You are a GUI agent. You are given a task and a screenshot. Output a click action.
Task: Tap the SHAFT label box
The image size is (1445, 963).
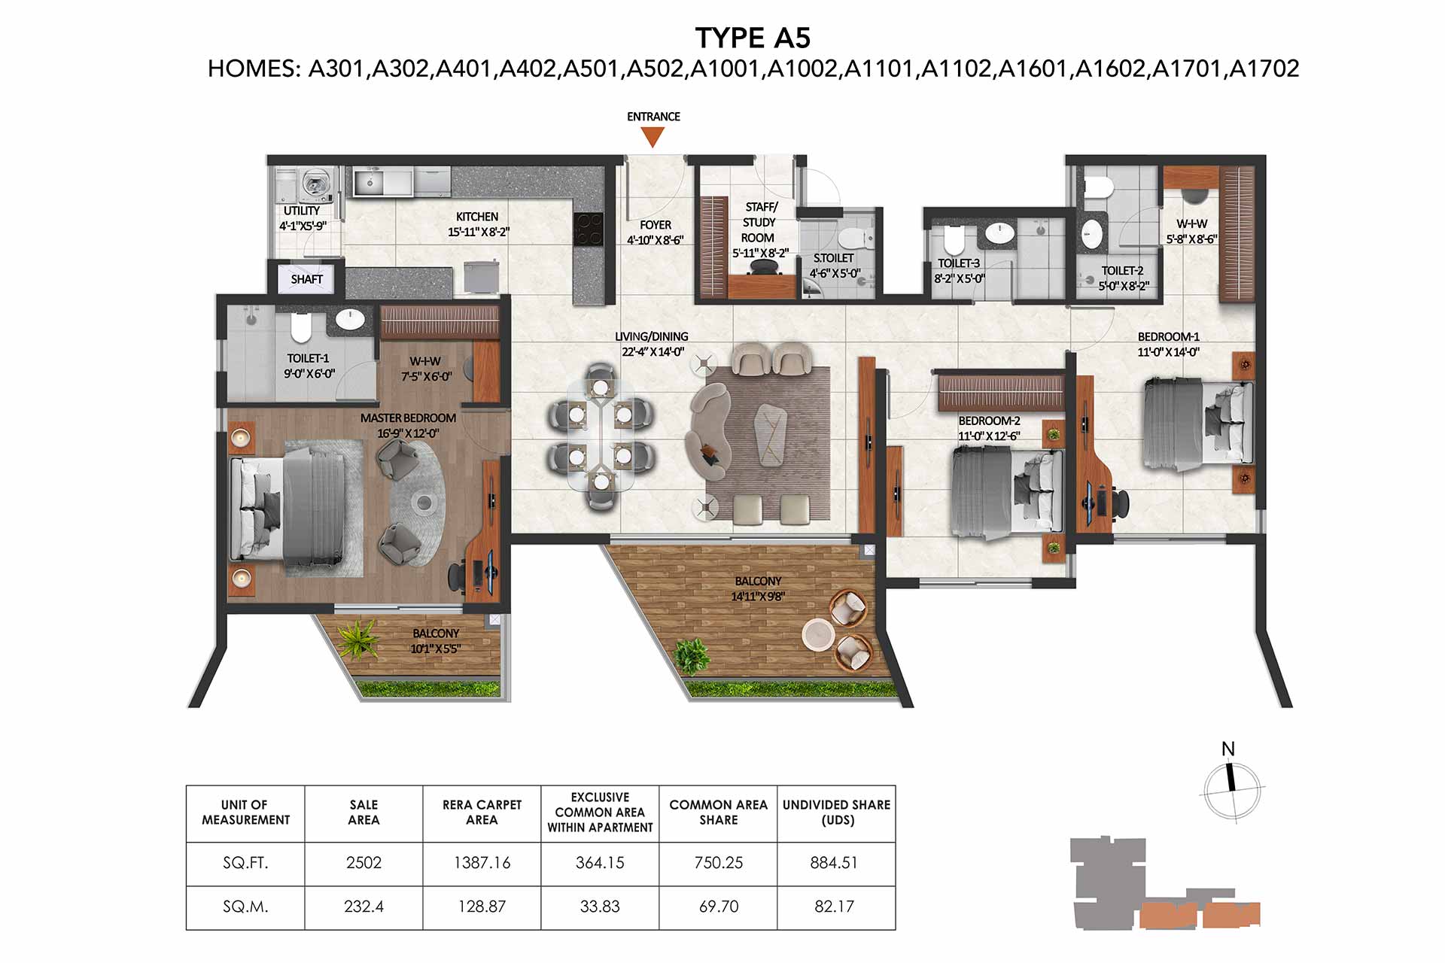(x=307, y=279)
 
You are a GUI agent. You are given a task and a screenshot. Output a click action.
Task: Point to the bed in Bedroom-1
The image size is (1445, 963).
(x=1197, y=424)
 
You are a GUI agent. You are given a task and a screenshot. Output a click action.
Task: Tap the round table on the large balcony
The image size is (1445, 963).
(x=817, y=633)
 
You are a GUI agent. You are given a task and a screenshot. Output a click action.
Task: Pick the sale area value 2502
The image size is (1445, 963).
(x=364, y=863)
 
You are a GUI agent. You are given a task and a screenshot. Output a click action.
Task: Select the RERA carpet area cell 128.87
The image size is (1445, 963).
(x=482, y=907)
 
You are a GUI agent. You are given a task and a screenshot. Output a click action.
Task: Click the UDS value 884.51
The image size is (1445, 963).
(x=834, y=863)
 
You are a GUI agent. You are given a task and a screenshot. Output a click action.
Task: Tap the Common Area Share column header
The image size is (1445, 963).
(x=718, y=813)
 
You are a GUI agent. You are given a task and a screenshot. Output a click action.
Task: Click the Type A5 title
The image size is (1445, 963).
(x=753, y=38)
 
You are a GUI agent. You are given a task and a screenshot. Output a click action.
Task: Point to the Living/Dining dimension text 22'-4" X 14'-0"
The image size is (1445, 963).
(x=653, y=351)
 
